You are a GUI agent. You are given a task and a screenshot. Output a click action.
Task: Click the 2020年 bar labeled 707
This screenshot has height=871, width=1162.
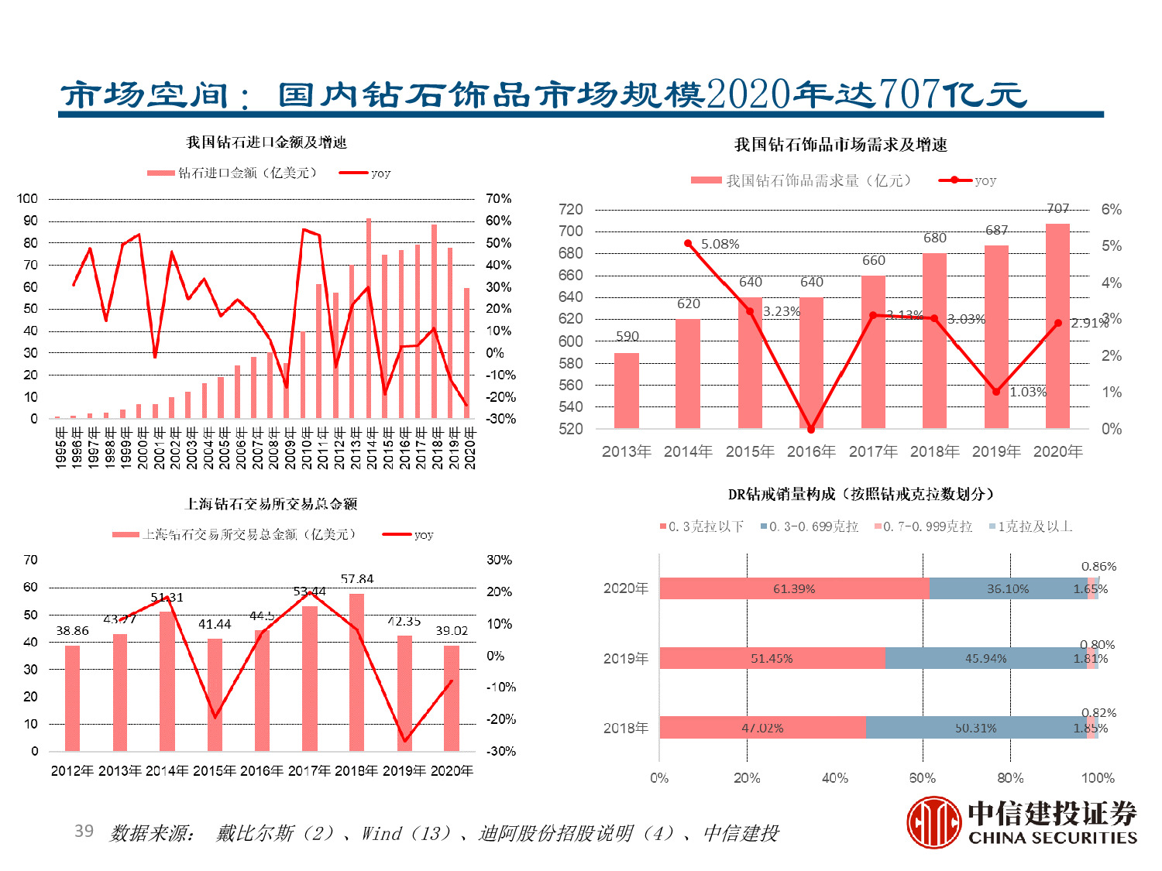(1057, 326)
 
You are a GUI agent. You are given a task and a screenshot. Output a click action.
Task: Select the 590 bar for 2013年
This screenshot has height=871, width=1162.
(627, 391)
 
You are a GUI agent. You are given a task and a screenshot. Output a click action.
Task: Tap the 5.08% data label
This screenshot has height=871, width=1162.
(720, 244)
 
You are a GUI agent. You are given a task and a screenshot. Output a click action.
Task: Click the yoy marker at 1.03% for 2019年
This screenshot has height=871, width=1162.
(996, 392)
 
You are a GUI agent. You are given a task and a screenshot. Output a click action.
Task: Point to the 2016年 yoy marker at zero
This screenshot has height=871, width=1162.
(811, 429)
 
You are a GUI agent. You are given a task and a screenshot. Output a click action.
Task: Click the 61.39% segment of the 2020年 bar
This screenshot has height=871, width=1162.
(794, 588)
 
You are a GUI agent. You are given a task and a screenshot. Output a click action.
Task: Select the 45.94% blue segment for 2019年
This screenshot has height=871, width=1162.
(985, 658)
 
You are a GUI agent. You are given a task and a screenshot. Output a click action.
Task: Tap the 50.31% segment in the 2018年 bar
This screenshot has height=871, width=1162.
(975, 728)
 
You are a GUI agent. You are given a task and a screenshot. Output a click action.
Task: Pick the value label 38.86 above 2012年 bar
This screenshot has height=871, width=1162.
(72, 631)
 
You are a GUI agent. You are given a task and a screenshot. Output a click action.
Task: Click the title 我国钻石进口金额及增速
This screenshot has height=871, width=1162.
(266, 142)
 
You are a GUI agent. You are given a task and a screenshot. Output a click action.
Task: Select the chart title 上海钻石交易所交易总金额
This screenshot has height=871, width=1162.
(272, 504)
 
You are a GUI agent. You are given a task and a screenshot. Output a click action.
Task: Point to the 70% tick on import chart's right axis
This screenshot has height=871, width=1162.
(499, 199)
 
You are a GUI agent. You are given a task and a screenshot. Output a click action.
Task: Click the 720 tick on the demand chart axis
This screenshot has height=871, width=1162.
(570, 209)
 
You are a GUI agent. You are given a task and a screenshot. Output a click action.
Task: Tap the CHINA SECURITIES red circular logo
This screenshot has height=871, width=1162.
(933, 822)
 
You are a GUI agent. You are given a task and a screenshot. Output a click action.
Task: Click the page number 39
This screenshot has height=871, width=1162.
(84, 831)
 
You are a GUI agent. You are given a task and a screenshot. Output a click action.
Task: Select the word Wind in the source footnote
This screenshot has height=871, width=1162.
(382, 833)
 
